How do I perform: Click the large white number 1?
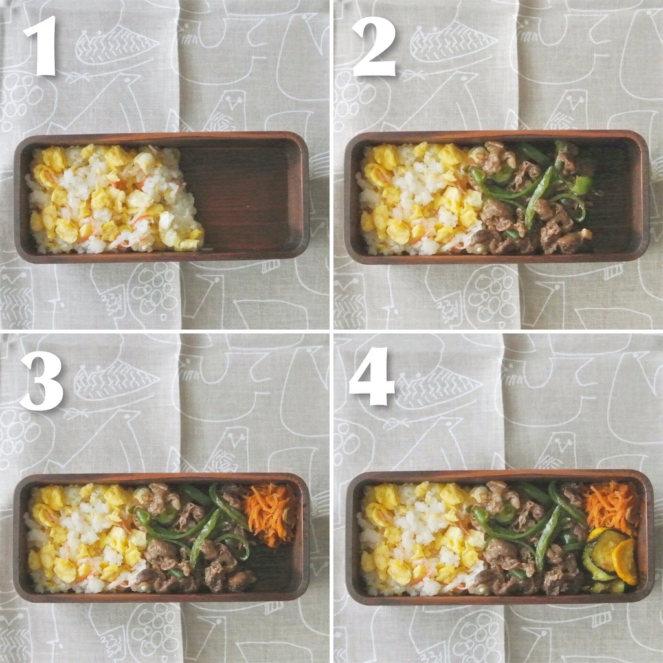click(x=41, y=46)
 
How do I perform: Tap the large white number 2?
click(x=374, y=46)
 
